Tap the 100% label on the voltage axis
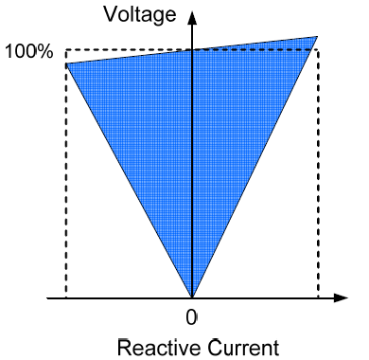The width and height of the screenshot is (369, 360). tap(29, 50)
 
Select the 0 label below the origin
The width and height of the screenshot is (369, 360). tap(191, 315)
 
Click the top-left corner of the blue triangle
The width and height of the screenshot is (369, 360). tap(66, 63)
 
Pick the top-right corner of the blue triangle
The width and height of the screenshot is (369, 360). tap(317, 37)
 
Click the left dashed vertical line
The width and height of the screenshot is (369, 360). tap(65, 189)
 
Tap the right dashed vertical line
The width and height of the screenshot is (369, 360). tap(319, 189)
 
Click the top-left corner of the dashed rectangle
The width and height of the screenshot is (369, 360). tap(65, 49)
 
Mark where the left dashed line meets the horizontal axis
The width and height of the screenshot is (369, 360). tap(65, 298)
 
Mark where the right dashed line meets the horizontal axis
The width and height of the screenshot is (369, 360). tap(319, 298)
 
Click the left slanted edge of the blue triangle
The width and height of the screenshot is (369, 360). tap(129, 180)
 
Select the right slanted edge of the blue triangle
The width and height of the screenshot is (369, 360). tap(255, 168)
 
